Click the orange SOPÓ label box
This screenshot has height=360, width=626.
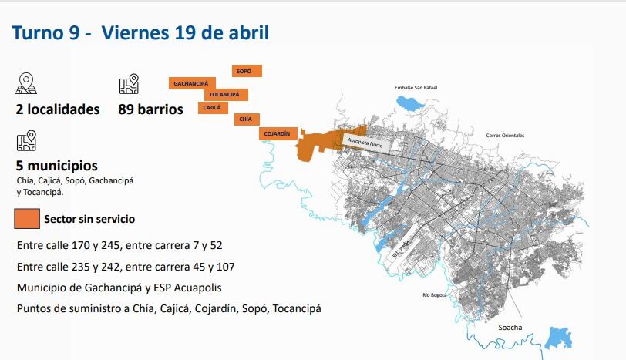(x=247, y=71)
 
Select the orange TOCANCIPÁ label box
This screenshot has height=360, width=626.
(x=226, y=95)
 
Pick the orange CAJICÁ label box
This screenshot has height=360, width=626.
(x=213, y=107)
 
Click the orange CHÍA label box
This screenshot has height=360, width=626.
(x=246, y=119)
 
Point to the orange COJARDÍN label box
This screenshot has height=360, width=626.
(x=278, y=133)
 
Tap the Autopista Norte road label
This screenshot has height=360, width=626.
(x=365, y=143)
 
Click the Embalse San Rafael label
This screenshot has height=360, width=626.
(x=416, y=88)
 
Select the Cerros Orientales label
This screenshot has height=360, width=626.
(x=505, y=136)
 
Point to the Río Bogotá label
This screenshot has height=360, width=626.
(x=435, y=294)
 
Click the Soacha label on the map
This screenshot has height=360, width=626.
(x=510, y=328)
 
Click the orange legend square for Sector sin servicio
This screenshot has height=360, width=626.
(x=26, y=219)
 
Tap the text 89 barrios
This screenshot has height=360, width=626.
(x=150, y=109)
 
